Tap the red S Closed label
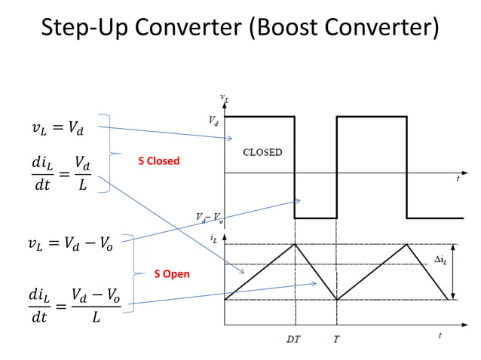tap(158, 161)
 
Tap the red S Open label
tap(172, 274)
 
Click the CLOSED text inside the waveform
tap(262, 152)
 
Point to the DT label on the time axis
tap(293, 339)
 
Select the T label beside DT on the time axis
tap(336, 339)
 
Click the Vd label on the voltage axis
tap(213, 119)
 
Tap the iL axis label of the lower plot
tap(214, 239)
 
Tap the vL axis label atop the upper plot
tap(224, 98)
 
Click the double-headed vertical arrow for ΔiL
tap(452, 272)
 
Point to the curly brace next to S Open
tap(133, 273)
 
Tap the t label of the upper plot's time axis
tap(458, 181)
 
